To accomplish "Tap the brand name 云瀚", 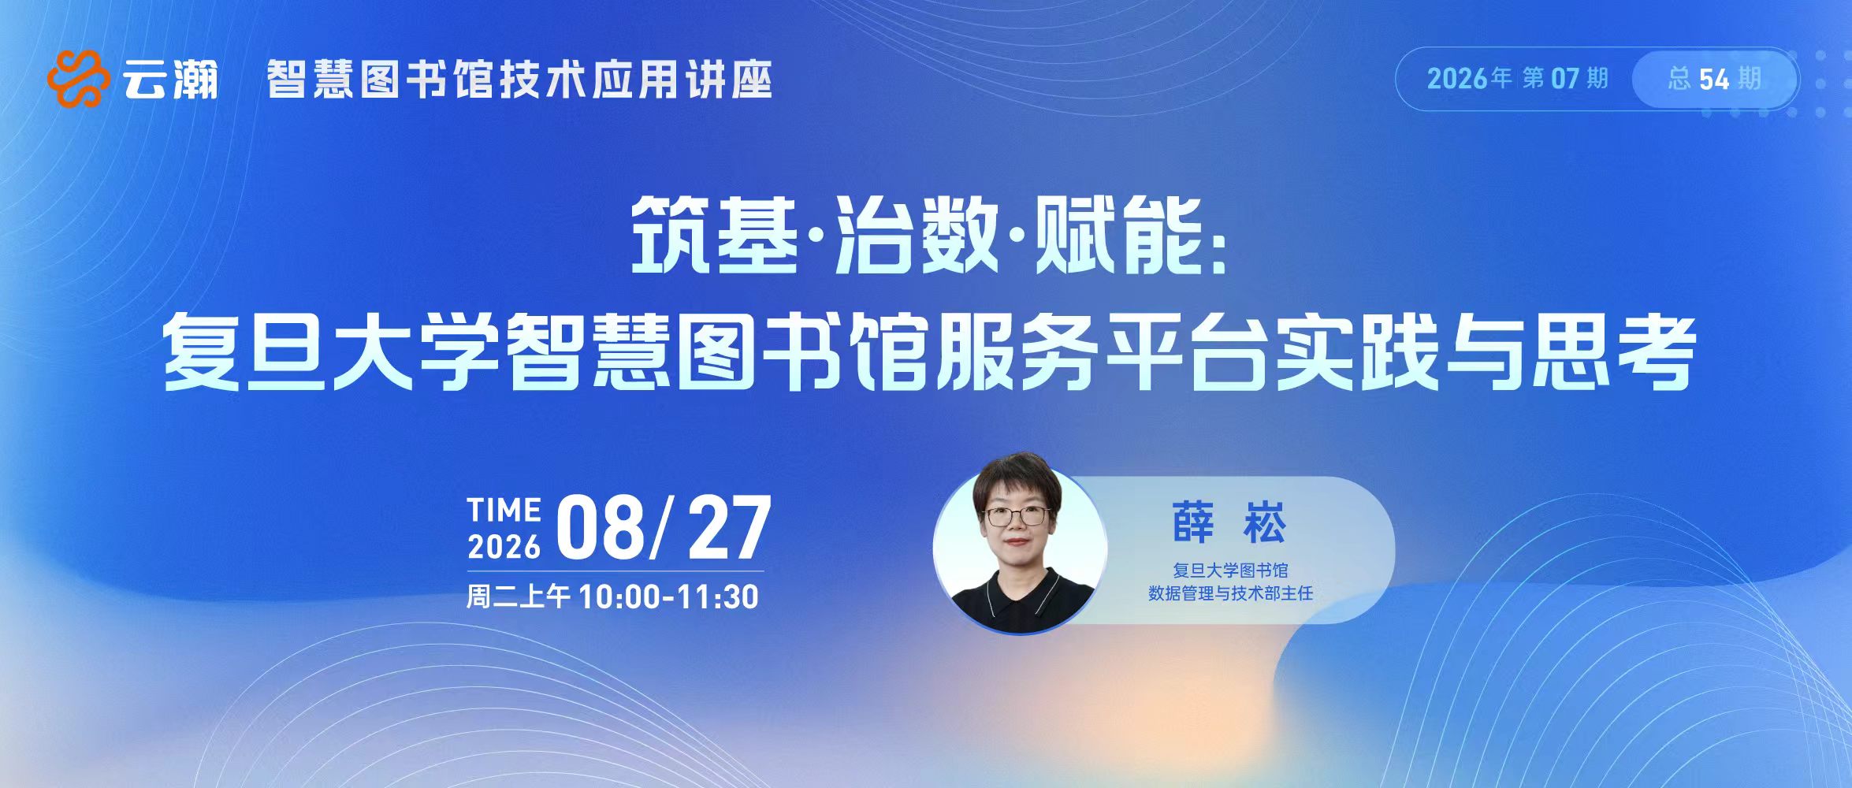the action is point(170,80).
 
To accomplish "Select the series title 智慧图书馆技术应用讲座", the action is point(519,80).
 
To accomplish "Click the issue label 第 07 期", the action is point(1565,79).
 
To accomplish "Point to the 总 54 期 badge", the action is point(1715,79).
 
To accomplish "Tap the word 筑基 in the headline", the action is point(714,235).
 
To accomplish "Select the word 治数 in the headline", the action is point(917,235).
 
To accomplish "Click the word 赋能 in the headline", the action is point(1119,235).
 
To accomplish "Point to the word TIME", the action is point(504,510).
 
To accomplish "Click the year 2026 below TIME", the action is point(504,546).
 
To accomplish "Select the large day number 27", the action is point(729,528).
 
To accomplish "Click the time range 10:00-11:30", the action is point(668,597).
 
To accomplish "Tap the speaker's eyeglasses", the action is point(1016,516).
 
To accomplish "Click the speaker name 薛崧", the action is point(1229,522).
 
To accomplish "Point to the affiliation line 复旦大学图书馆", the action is point(1230,570).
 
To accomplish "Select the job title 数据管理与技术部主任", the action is point(1230,593).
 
